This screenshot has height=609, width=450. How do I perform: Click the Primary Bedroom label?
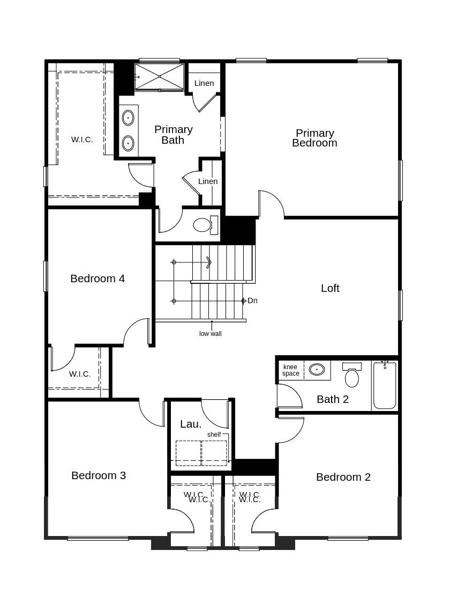coord(314,138)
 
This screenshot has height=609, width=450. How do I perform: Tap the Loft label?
coord(330,288)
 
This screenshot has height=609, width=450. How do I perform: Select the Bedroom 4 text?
coord(97,278)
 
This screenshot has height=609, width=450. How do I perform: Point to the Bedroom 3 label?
coord(99,475)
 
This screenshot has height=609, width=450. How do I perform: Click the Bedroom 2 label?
coord(343,477)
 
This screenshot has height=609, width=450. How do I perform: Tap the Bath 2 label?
coord(333,399)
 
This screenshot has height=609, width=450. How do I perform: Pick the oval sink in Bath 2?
coord(317,369)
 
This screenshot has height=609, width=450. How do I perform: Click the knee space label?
coord(291,370)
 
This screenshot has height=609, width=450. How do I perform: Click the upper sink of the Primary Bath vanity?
coord(128,118)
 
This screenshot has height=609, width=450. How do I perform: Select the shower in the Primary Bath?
coord(159,76)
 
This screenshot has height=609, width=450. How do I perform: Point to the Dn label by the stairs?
coord(252,300)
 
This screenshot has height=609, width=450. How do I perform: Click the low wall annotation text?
coord(211,334)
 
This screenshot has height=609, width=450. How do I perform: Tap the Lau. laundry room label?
coord(191,424)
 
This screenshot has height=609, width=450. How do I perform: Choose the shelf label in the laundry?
coord(214,435)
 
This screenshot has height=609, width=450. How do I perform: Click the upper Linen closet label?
coord(204,83)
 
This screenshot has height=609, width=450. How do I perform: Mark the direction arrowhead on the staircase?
coord(208,262)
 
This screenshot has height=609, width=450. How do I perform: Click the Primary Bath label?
coord(174,135)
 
